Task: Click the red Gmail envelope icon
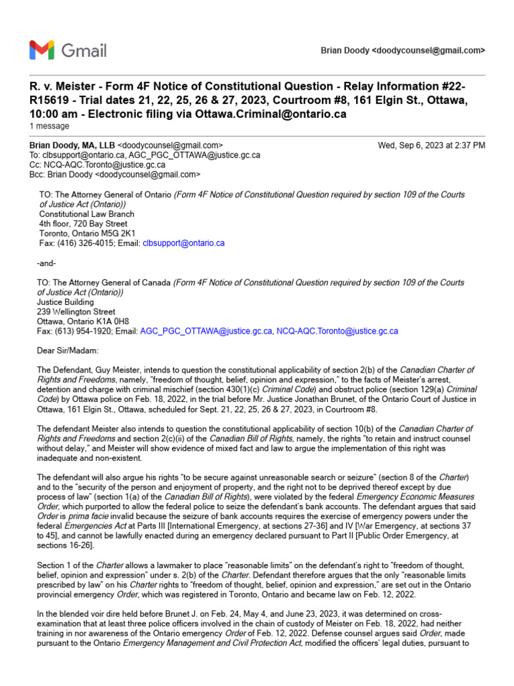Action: [x=42, y=50]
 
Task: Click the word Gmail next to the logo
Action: [x=84, y=50]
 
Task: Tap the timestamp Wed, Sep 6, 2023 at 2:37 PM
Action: [x=432, y=145]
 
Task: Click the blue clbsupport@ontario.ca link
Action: [x=183, y=243]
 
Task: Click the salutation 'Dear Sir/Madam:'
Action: [x=68, y=350]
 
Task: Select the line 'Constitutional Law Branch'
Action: [x=87, y=214]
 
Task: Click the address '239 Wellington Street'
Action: [x=77, y=312]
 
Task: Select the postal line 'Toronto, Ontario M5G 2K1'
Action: [x=88, y=234]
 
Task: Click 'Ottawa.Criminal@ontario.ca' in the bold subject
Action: [x=271, y=114]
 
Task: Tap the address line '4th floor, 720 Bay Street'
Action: [x=83, y=224]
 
